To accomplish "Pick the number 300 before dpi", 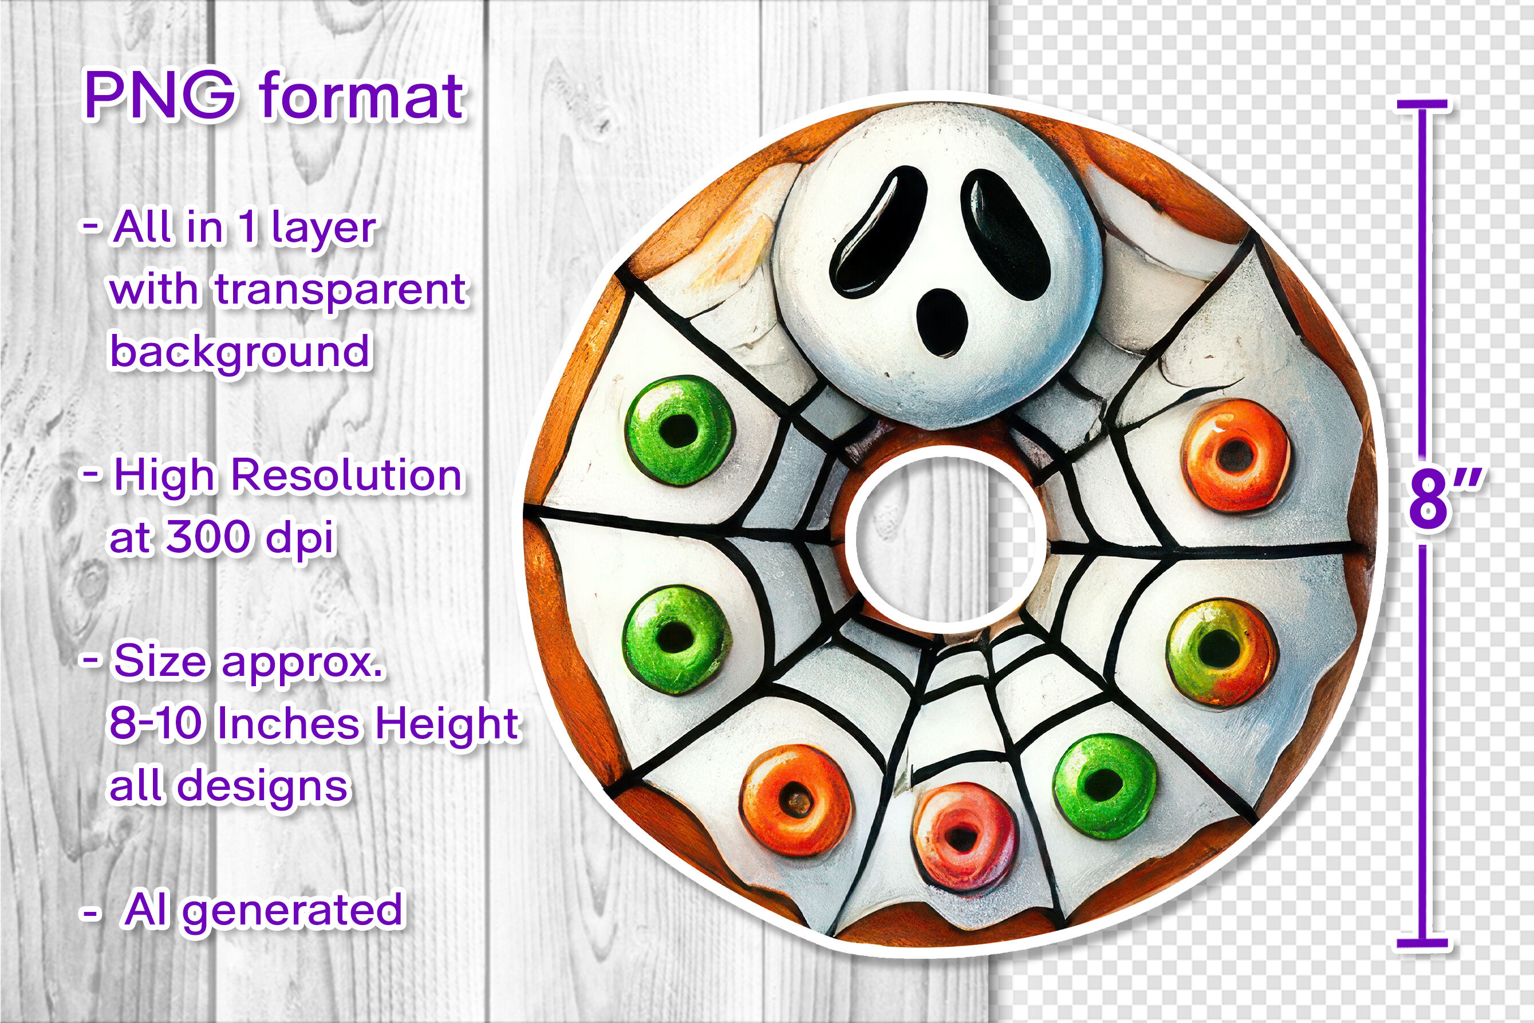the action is (207, 537).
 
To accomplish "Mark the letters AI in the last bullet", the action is (145, 909).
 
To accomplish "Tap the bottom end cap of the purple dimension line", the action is (1422, 943).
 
